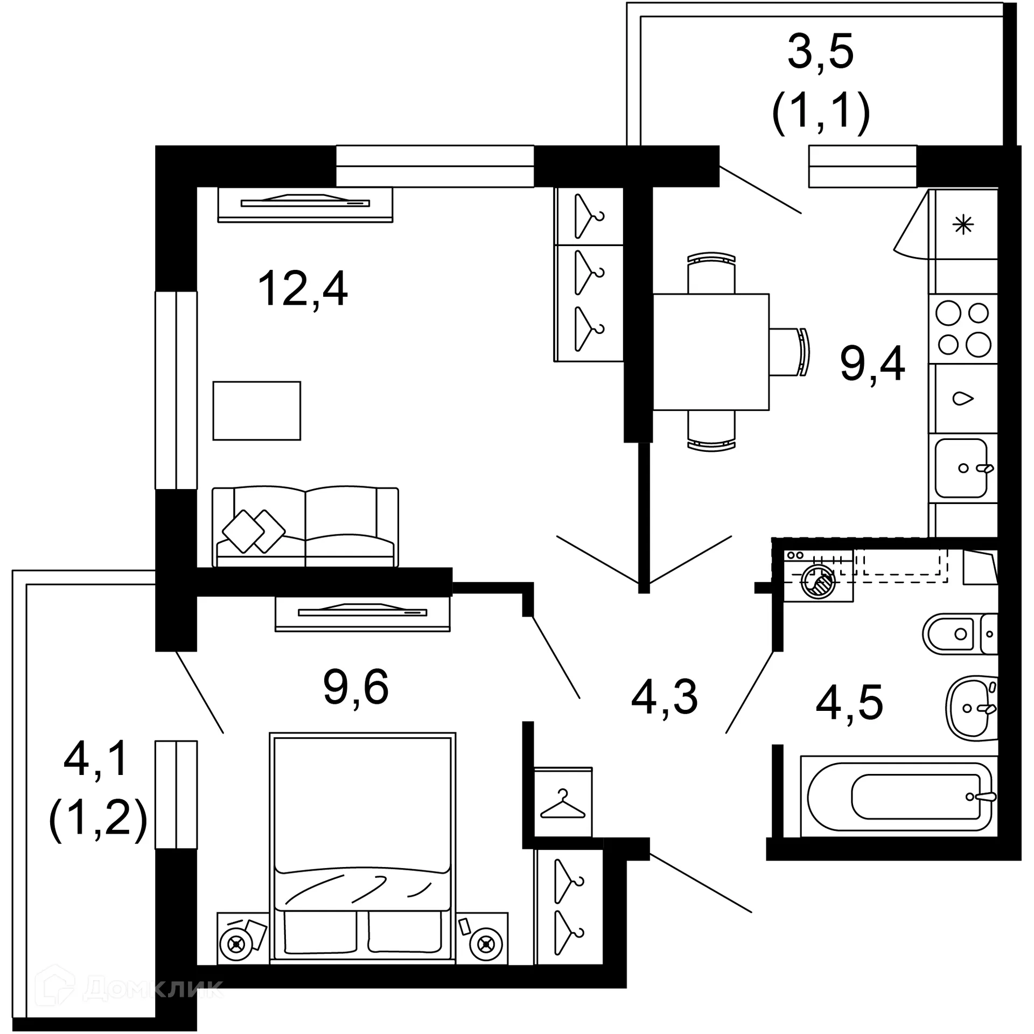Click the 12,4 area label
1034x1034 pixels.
click(303, 289)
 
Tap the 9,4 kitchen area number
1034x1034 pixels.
click(872, 364)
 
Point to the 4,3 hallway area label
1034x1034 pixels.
click(665, 698)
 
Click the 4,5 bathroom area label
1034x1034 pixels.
click(849, 703)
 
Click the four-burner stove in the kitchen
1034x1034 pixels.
click(963, 329)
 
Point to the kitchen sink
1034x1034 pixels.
click(962, 467)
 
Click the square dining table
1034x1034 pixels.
click(711, 352)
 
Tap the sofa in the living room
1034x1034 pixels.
click(305, 527)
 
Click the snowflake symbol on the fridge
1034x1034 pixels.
click(963, 225)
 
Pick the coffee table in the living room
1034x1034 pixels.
click(256, 410)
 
